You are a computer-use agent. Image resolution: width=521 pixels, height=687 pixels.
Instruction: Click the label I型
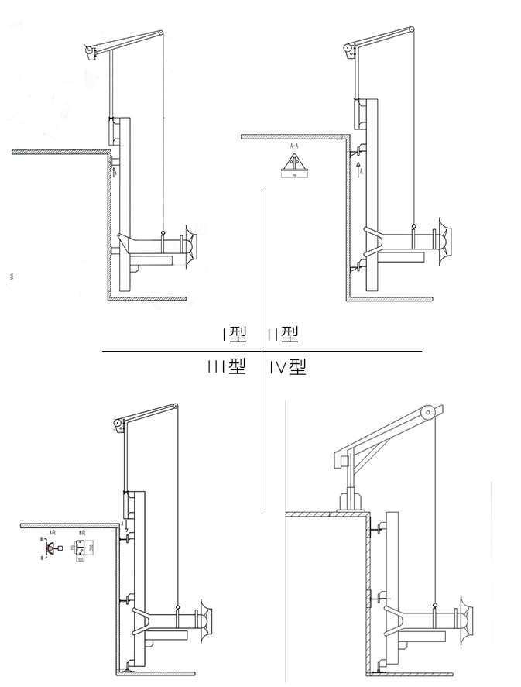tap(233, 334)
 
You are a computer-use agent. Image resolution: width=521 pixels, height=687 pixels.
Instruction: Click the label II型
tap(283, 334)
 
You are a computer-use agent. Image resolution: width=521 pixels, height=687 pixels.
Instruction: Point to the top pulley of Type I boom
tap(160, 33)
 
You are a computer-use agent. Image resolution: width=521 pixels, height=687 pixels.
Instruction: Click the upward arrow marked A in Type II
tap(359, 170)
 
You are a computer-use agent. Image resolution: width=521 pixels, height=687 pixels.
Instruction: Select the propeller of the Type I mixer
tap(190, 243)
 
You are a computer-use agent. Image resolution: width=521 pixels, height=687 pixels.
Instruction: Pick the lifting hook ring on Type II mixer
tap(414, 226)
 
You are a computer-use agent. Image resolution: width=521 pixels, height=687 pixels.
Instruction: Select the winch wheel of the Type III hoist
tap(118, 424)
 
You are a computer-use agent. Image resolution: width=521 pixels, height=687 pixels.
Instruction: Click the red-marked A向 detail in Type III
tap(51, 548)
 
